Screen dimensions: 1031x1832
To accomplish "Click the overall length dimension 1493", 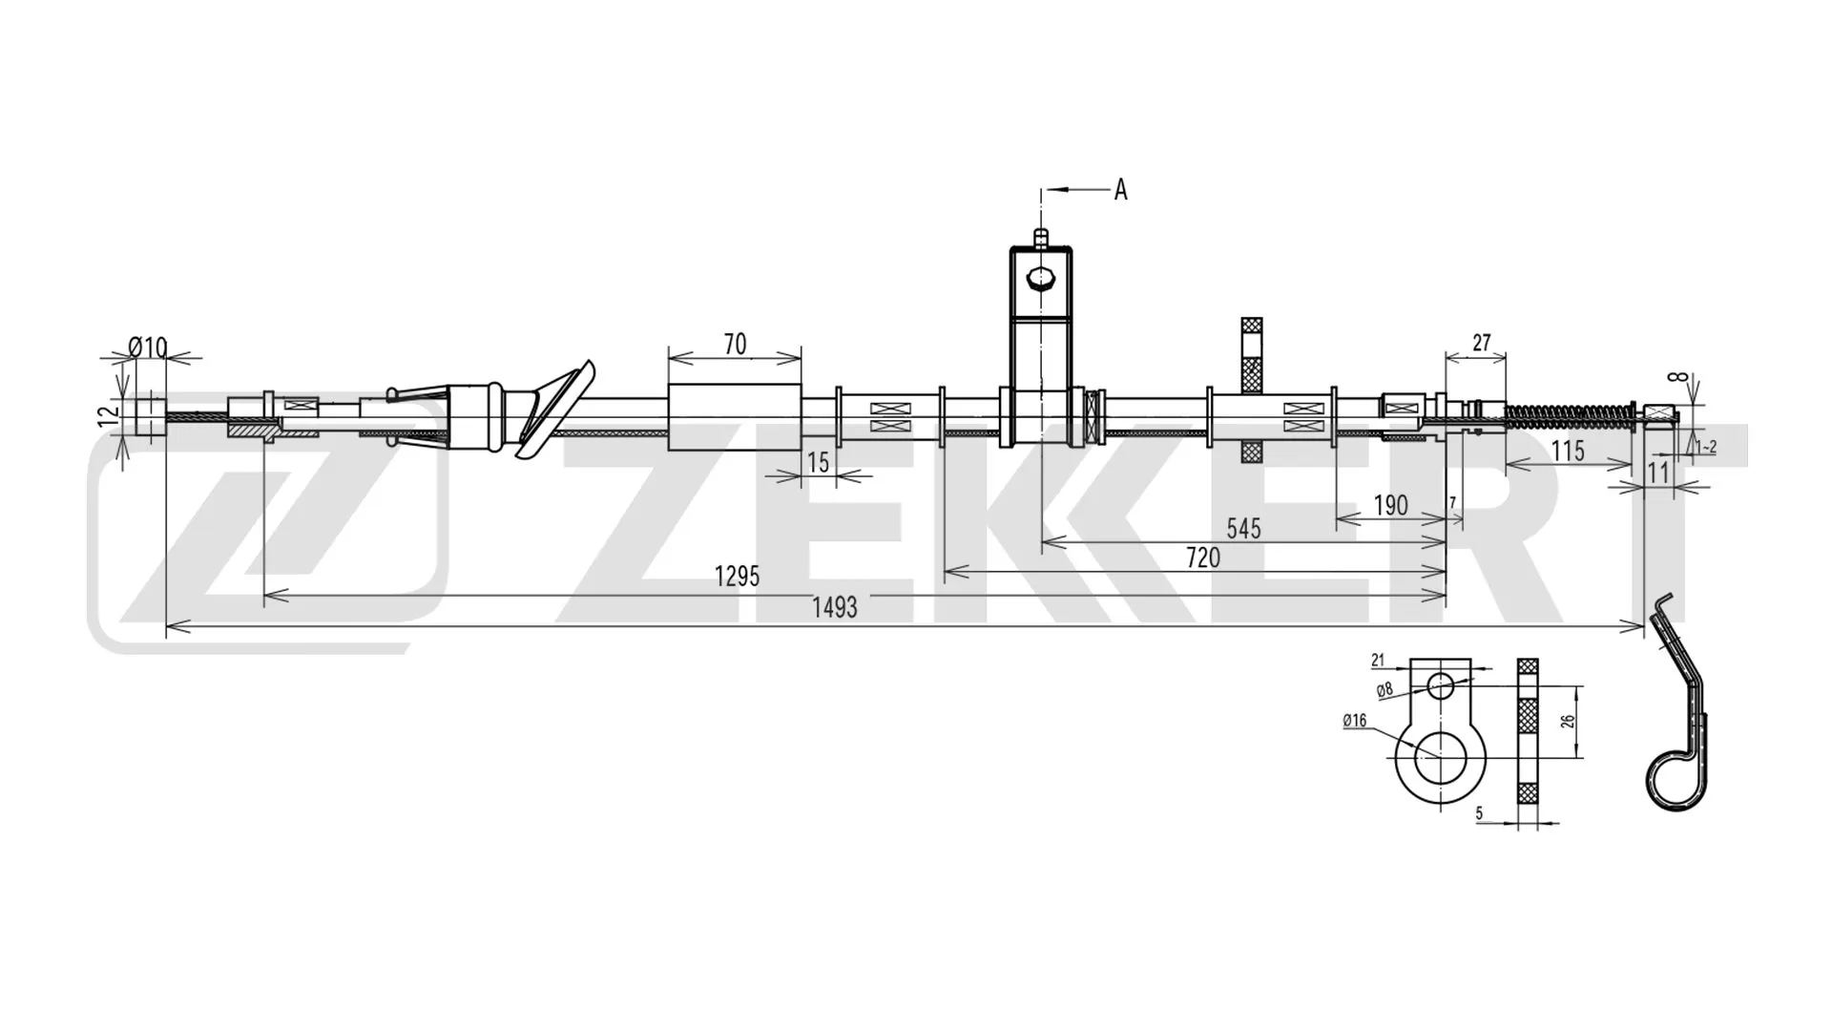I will coord(835,608).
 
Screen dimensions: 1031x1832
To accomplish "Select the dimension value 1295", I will coord(737,577).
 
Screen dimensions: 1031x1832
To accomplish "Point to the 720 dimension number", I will coord(1202,558).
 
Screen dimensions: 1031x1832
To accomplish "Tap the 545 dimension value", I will coord(1243,528).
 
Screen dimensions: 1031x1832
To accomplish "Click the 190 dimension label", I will coord(1390,506).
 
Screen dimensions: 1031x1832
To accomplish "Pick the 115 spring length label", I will coord(1568,451).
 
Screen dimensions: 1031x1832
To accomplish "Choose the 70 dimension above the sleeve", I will coord(735,345).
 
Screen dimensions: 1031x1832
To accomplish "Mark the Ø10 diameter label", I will coord(148,347).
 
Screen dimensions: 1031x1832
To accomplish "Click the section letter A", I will coord(1120,191).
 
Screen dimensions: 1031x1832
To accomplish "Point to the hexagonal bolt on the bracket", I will coord(1040,280).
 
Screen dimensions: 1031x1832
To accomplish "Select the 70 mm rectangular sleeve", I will coord(735,417).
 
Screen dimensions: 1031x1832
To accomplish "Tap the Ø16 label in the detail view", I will coord(1354,721).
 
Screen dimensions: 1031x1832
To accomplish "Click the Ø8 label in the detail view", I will coord(1384,689).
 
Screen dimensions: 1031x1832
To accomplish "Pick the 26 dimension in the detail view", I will coord(1567,722).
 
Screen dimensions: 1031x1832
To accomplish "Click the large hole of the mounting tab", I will coord(1440,759).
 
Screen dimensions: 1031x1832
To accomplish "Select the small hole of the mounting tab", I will coord(1441,685).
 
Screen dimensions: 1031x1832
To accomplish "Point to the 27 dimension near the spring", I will coord(1481,343).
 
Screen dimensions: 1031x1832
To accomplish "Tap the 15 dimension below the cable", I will coord(818,463).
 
